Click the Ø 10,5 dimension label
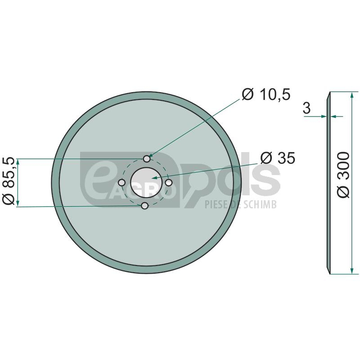(x=266, y=94)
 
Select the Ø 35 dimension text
(x=278, y=158)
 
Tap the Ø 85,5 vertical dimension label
(x=9, y=181)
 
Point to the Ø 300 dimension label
(x=343, y=175)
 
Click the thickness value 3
(x=307, y=108)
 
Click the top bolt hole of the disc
(x=147, y=159)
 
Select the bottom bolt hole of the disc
(x=144, y=206)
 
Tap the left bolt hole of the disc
(x=121, y=183)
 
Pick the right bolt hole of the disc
(x=169, y=183)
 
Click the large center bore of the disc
(x=145, y=183)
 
